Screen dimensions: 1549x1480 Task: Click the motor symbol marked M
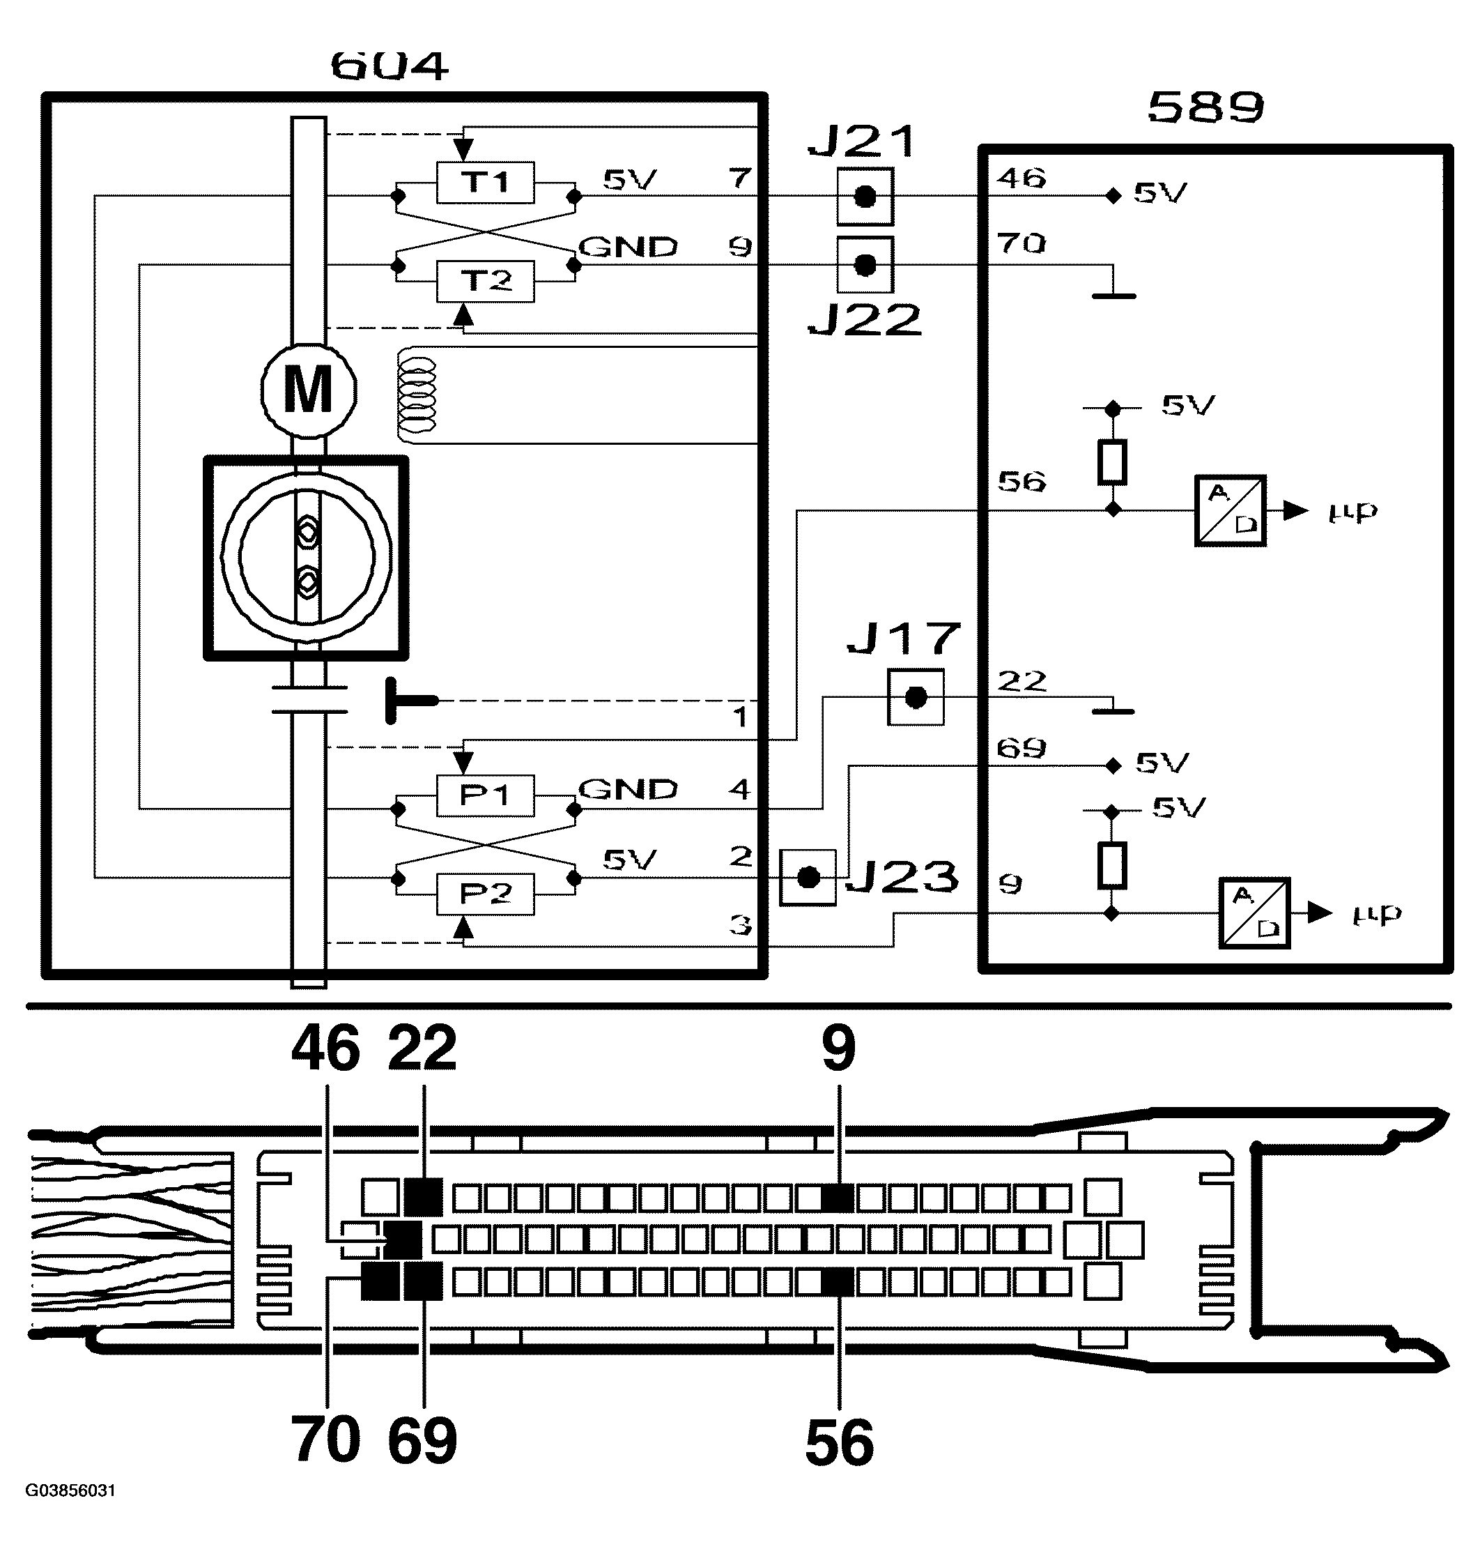click(309, 390)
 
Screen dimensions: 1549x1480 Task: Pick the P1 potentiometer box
click(485, 795)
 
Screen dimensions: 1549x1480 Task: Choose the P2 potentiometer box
click(485, 894)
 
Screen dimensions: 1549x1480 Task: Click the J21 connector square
click(865, 197)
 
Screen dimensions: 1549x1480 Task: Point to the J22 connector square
click(865, 265)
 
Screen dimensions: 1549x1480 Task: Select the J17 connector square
click(915, 698)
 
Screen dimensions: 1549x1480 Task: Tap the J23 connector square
click(807, 878)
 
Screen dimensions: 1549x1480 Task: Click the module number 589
click(1205, 108)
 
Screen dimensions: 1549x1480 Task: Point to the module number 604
click(390, 67)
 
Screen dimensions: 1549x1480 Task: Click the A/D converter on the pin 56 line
click(1230, 510)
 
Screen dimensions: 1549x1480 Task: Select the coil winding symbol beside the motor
click(417, 395)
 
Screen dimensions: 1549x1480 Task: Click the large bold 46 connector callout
click(326, 1048)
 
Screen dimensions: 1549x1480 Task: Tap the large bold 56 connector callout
click(840, 1443)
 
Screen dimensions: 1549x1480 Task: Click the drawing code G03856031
click(71, 1490)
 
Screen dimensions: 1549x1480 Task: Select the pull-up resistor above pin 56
click(1111, 461)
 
